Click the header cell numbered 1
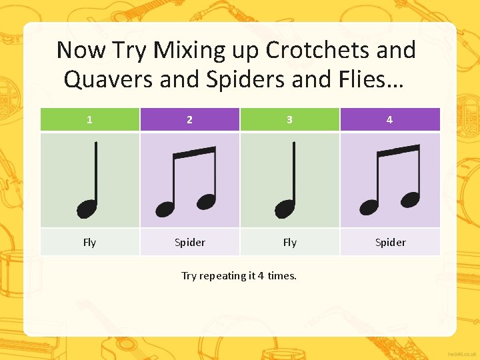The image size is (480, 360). [x=90, y=120]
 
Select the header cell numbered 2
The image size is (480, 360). [x=190, y=120]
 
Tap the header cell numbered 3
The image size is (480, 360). [x=289, y=120]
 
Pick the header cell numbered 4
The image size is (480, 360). [x=389, y=120]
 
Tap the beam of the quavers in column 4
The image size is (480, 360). [x=398, y=151]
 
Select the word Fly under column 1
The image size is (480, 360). [x=90, y=242]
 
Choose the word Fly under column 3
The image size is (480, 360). [x=289, y=242]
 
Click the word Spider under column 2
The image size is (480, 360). [x=190, y=242]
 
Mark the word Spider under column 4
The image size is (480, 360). [x=390, y=242]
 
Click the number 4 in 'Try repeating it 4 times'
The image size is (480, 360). [x=261, y=275]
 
